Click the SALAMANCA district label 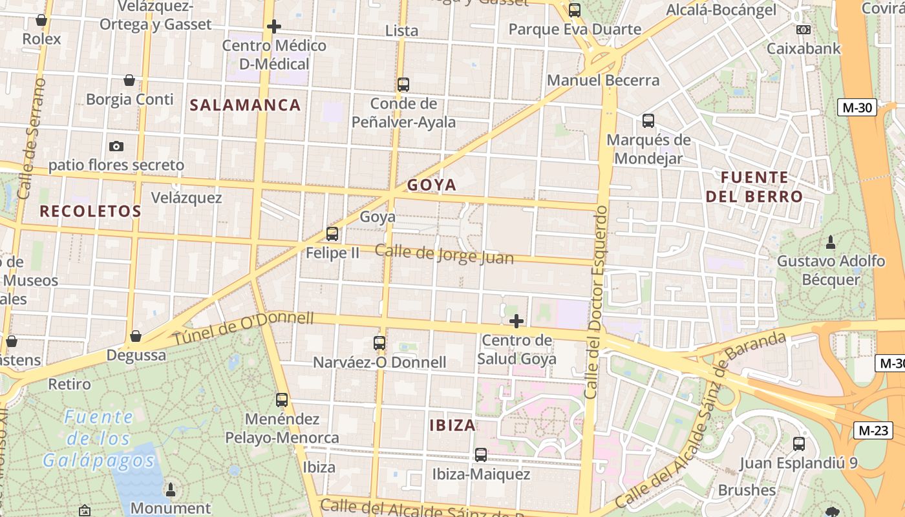pos(246,105)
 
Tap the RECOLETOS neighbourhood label pos(90,211)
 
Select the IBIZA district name pos(453,425)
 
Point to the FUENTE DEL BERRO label pos(754,187)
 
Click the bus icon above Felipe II pos(332,234)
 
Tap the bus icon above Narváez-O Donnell pos(379,343)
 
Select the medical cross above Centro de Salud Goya pos(516,321)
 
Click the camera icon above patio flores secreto pos(116,146)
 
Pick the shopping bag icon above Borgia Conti pos(129,80)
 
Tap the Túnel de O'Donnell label pos(243,328)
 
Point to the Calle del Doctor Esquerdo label pos(596,302)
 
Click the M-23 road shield pos(873,430)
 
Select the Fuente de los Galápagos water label pos(99,439)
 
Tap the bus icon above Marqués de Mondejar pos(648,121)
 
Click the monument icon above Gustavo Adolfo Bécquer pos(831,243)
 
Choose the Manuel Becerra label pos(603,81)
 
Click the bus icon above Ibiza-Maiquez pos(481,455)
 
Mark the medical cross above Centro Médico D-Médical pos(274,26)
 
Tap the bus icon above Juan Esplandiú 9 pos(799,444)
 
